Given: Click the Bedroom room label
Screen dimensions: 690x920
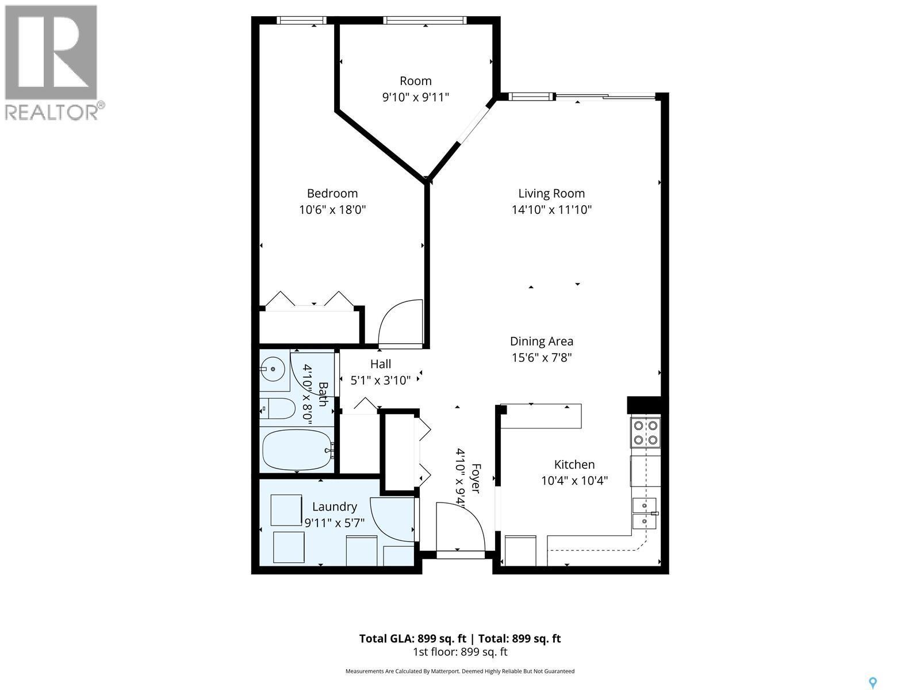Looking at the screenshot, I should click(332, 194).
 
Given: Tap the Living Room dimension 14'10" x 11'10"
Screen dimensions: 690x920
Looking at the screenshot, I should click(551, 210).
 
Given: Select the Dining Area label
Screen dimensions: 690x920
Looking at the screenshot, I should click(541, 342).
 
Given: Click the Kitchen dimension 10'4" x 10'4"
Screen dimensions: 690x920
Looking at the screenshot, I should click(574, 480).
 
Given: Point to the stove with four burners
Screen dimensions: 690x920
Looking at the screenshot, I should click(645, 433).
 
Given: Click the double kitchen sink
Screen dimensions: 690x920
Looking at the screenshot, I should click(644, 513).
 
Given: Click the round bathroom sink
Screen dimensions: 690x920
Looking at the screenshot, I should click(273, 369).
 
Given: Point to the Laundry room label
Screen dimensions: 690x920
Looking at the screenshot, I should click(334, 507).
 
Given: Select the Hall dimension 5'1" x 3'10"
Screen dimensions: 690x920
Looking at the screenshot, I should click(381, 380).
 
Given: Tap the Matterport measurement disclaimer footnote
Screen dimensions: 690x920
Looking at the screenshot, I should click(459, 671).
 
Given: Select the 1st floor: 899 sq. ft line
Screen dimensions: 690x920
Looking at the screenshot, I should click(459, 652).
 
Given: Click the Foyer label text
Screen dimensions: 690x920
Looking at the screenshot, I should click(475, 478).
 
